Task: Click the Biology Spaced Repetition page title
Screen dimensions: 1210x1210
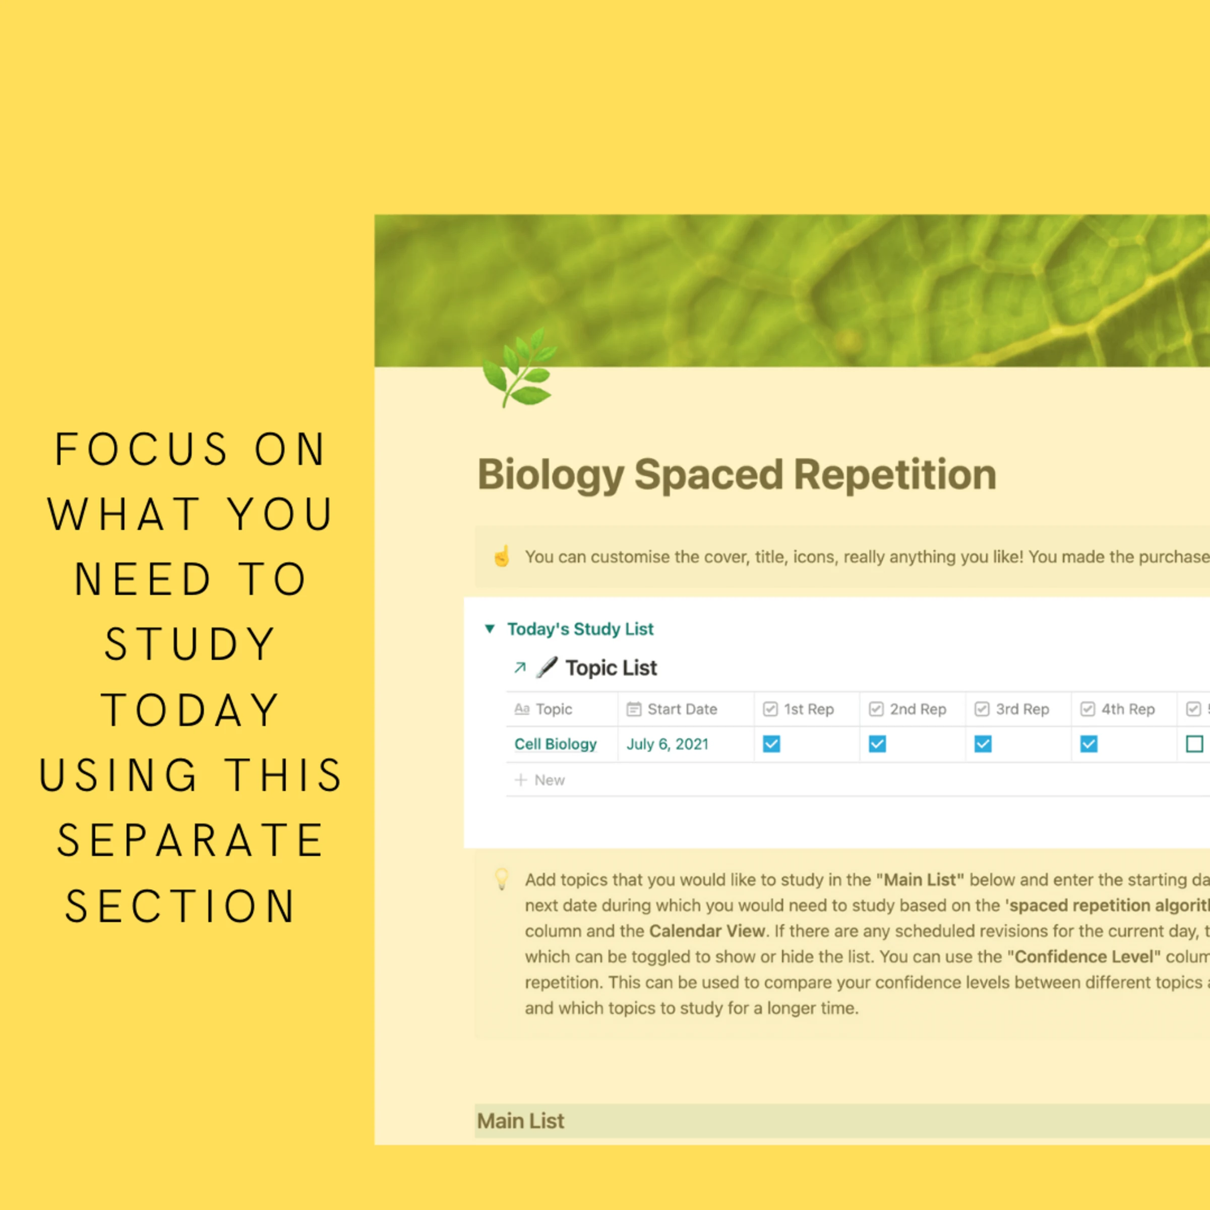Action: [737, 474]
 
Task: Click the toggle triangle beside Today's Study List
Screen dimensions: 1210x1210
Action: [490, 628]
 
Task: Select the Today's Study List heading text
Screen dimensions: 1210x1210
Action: [580, 629]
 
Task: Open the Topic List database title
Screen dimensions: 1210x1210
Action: [611, 668]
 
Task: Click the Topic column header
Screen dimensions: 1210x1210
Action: [554, 709]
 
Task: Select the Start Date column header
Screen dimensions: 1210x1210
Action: [682, 709]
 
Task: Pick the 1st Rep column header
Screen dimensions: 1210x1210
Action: [808, 709]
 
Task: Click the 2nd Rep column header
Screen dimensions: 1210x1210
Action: [918, 709]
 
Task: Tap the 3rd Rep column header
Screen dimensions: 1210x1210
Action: [1022, 709]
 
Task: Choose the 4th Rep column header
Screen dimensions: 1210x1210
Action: [1127, 709]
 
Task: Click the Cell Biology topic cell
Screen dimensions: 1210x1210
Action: [556, 744]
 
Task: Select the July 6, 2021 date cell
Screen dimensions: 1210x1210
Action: [667, 744]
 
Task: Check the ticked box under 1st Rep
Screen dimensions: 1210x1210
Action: [771, 744]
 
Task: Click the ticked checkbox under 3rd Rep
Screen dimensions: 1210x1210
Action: [983, 744]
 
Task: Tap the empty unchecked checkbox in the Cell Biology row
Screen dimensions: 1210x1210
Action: [1194, 744]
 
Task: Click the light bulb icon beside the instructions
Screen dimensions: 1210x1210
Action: [502, 879]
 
